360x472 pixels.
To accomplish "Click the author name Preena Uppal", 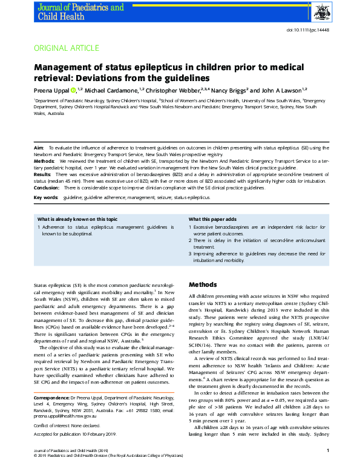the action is (x=52, y=90).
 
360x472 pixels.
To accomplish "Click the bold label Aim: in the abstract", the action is (x=39, y=148).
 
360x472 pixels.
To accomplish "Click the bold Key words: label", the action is (x=47, y=198).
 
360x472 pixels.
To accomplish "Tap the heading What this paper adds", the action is (x=212, y=219).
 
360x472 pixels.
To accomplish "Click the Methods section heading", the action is (x=203, y=284).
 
